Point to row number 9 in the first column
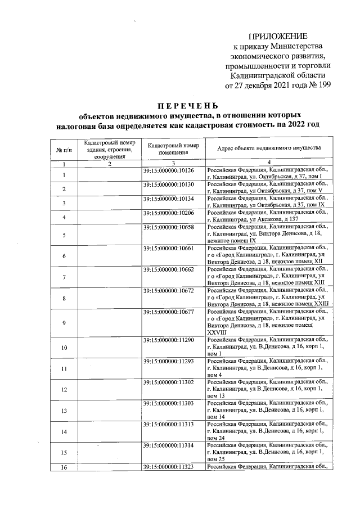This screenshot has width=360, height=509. pos(64,323)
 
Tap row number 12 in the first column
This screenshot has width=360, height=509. pos(64,390)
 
